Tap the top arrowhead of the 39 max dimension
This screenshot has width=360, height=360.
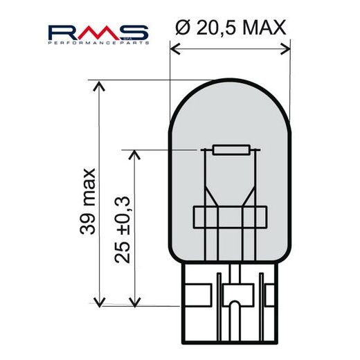(x=101, y=84)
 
